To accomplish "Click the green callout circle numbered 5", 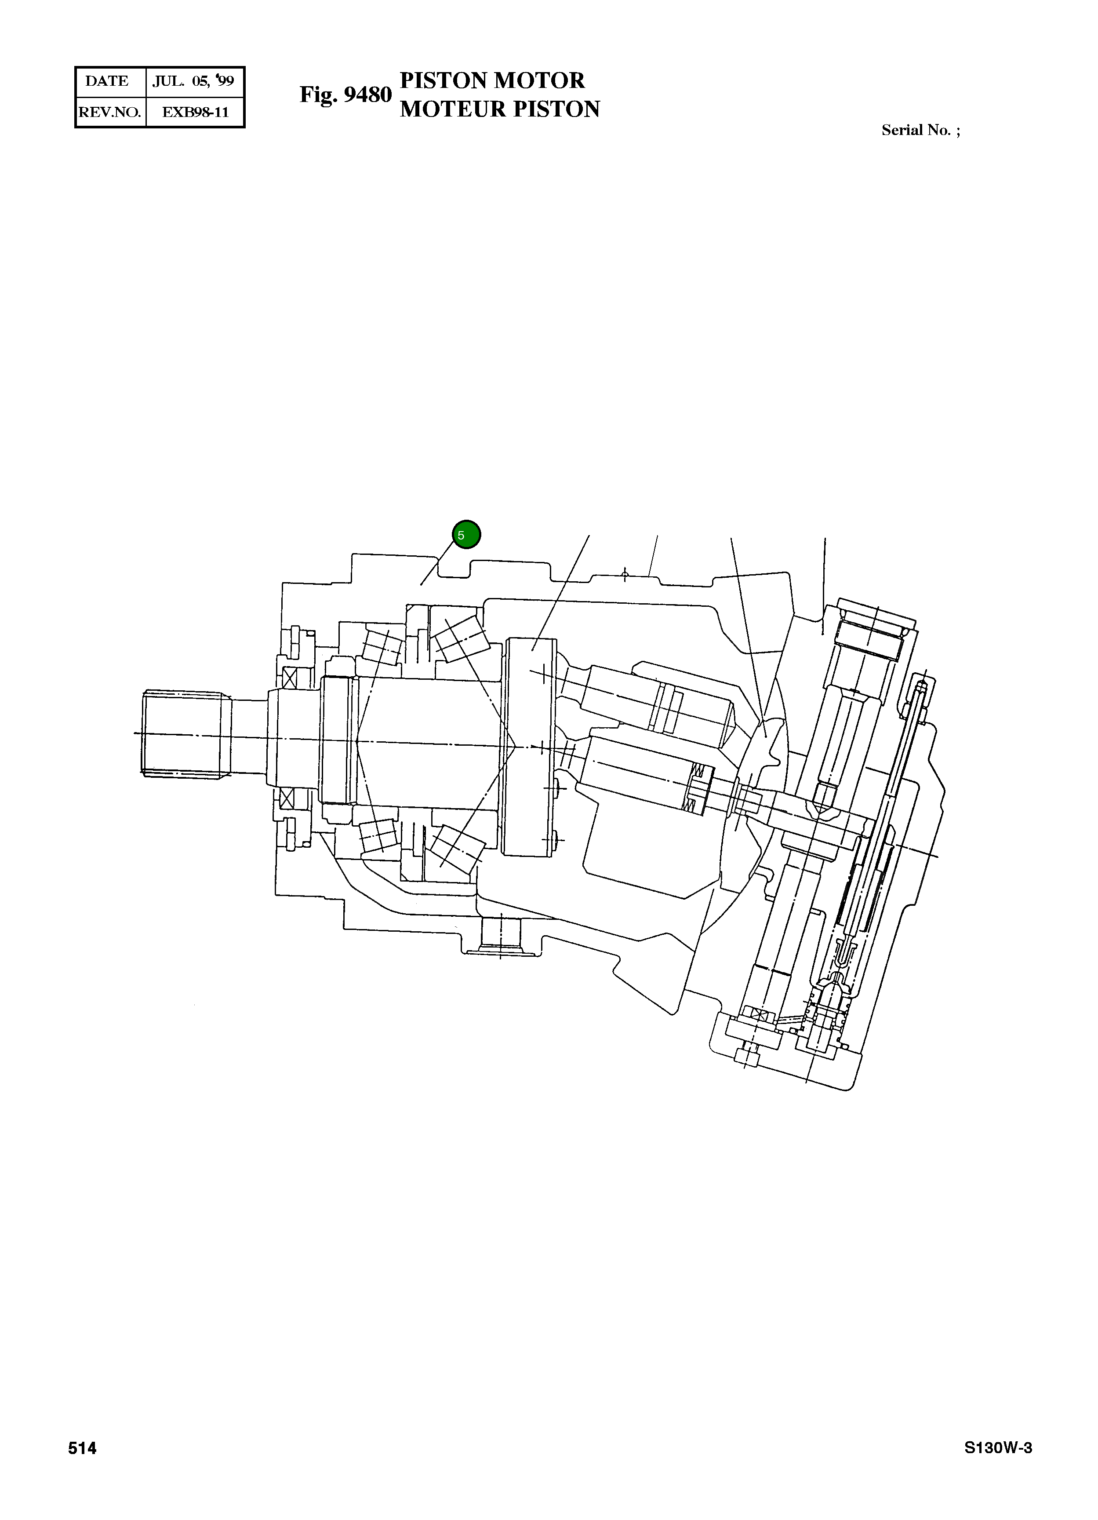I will [466, 535].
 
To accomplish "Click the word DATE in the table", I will [107, 81].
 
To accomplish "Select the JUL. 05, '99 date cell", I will [193, 81].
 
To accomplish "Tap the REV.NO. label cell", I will [110, 112].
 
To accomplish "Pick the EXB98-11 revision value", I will [195, 112].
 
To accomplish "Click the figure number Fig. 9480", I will [345, 95].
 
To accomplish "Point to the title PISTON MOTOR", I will [492, 80].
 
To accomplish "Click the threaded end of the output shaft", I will [182, 733].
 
